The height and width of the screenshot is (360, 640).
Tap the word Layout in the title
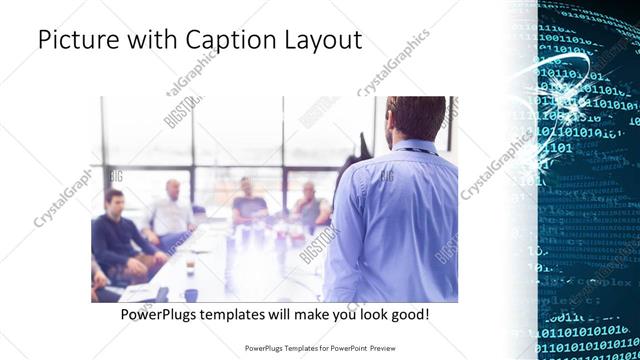pyautogui.click(x=320, y=41)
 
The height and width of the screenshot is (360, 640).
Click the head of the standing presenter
pyautogui.click(x=412, y=117)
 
